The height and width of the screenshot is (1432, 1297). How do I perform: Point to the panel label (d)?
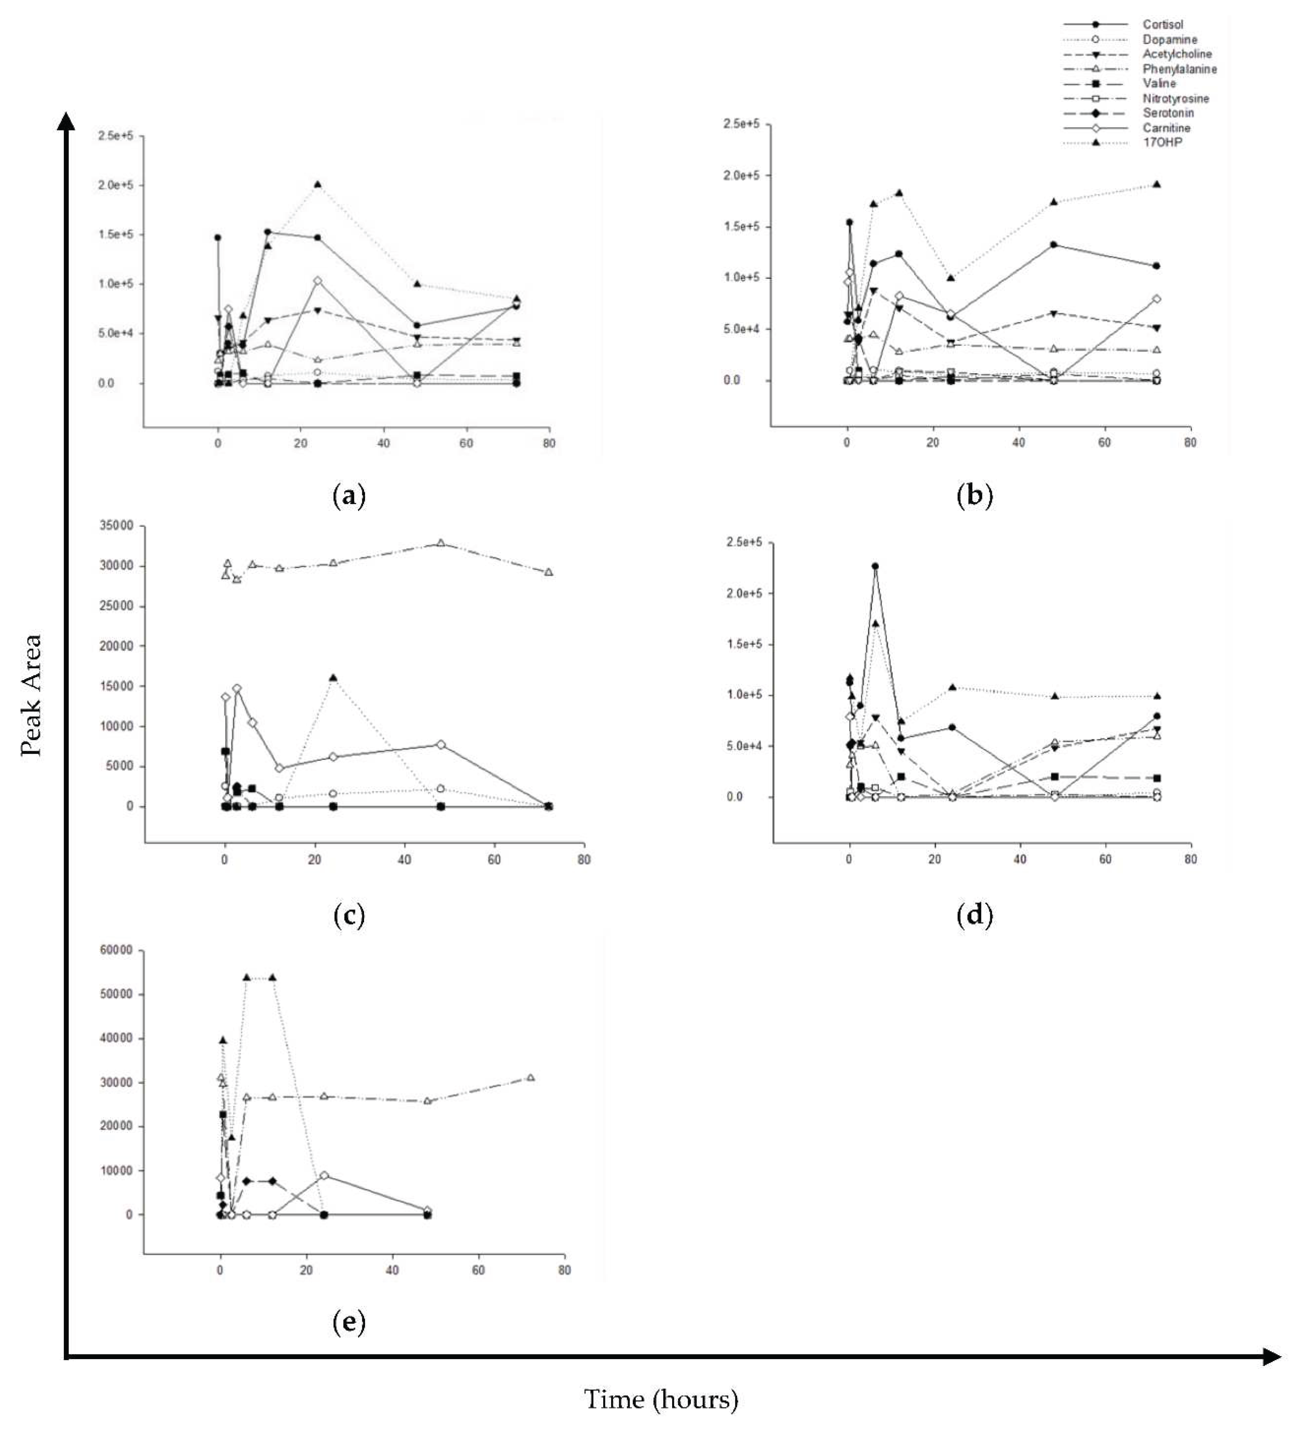click(x=974, y=915)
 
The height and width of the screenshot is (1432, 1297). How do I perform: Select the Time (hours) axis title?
click(x=661, y=1399)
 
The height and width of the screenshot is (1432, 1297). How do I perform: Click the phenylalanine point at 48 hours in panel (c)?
click(x=441, y=543)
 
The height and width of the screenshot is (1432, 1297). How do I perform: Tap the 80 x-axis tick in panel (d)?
click(x=1191, y=859)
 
